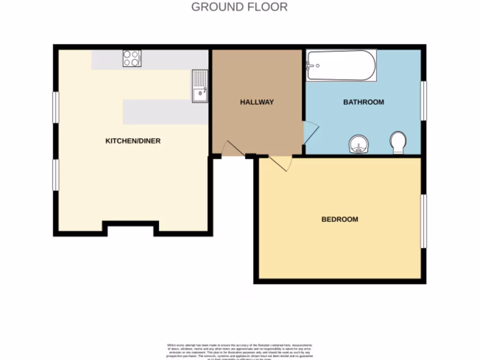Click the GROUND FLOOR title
tap(240, 7)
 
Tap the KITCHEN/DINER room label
tap(133, 141)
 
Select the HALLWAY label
tap(257, 102)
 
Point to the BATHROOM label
tap(363, 102)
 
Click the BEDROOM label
tap(339, 219)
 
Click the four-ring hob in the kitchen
tap(132, 59)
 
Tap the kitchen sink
tap(200, 86)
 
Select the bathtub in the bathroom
tap(341, 66)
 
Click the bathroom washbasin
tap(359, 144)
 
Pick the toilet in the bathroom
tap(398, 142)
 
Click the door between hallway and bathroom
tap(310, 133)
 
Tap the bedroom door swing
tap(281, 162)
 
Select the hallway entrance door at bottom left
tap(232, 149)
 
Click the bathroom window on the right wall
tap(423, 101)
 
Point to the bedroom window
tap(423, 221)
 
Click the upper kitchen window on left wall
tap(56, 107)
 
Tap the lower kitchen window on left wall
tap(56, 175)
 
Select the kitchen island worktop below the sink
tap(165, 112)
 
